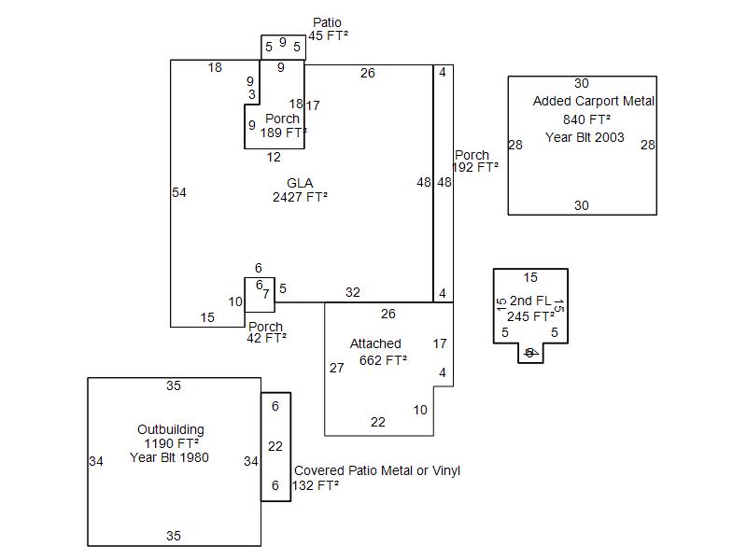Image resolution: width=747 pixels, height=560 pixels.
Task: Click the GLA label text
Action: (x=300, y=183)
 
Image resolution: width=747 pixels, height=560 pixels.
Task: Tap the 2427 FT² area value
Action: (x=300, y=197)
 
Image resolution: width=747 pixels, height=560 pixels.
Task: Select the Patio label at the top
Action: (x=327, y=22)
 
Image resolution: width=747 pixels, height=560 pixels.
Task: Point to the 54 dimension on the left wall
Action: (x=179, y=192)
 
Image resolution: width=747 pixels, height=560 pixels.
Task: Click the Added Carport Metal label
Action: (x=594, y=101)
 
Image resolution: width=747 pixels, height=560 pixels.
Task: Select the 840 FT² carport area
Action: (x=586, y=119)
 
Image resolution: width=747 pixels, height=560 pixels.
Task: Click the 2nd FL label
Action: (x=530, y=301)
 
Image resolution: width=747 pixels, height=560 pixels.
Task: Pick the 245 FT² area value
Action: (x=530, y=315)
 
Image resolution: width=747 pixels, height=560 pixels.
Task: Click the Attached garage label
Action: (x=375, y=343)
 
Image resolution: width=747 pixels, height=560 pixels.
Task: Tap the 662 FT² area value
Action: (x=383, y=360)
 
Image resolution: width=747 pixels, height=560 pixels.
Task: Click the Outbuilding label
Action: (x=171, y=429)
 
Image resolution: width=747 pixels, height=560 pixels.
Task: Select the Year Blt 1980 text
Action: (x=170, y=457)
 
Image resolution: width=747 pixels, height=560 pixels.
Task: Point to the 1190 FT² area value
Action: (x=171, y=443)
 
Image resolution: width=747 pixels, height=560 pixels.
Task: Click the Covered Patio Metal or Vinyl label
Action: (x=377, y=470)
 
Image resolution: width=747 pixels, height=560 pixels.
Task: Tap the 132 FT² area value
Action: (x=316, y=485)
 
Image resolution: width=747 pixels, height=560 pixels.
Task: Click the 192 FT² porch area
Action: (x=475, y=168)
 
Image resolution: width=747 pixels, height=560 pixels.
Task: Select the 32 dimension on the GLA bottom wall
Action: (x=352, y=292)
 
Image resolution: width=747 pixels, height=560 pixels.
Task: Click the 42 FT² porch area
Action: (x=266, y=339)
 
